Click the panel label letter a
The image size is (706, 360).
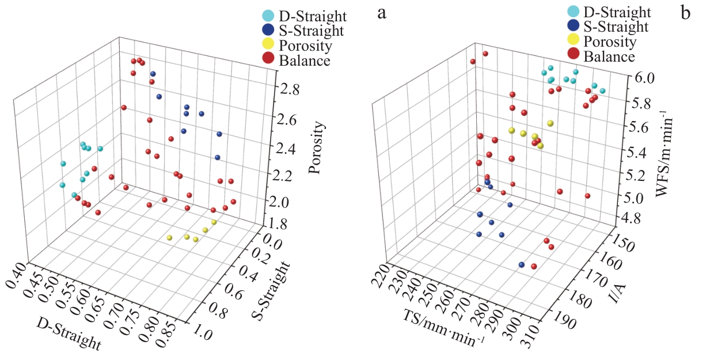coord(381,13)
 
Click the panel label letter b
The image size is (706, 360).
coord(685,13)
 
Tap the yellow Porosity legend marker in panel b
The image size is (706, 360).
coord(573,40)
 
